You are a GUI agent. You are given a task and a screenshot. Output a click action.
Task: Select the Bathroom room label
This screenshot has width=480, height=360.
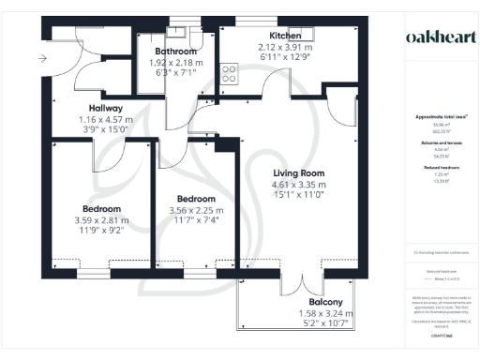pyautogui.click(x=176, y=52)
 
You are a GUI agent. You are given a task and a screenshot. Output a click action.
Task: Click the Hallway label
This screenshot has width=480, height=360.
pyautogui.click(x=99, y=109)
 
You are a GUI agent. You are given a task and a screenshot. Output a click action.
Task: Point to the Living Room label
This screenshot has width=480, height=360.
pyautogui.click(x=299, y=173)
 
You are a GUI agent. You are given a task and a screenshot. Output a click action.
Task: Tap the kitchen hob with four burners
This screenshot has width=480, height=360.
pyautogui.click(x=229, y=72)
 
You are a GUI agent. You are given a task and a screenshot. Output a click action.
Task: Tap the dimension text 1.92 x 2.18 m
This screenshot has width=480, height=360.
pyautogui.click(x=176, y=62)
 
